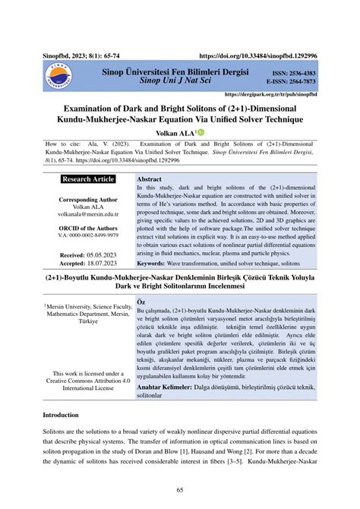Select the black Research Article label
(x=88, y=179)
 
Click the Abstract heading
(x=148, y=179)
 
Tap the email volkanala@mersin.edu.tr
(x=88, y=214)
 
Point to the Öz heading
(x=141, y=301)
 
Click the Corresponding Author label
(x=88, y=199)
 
